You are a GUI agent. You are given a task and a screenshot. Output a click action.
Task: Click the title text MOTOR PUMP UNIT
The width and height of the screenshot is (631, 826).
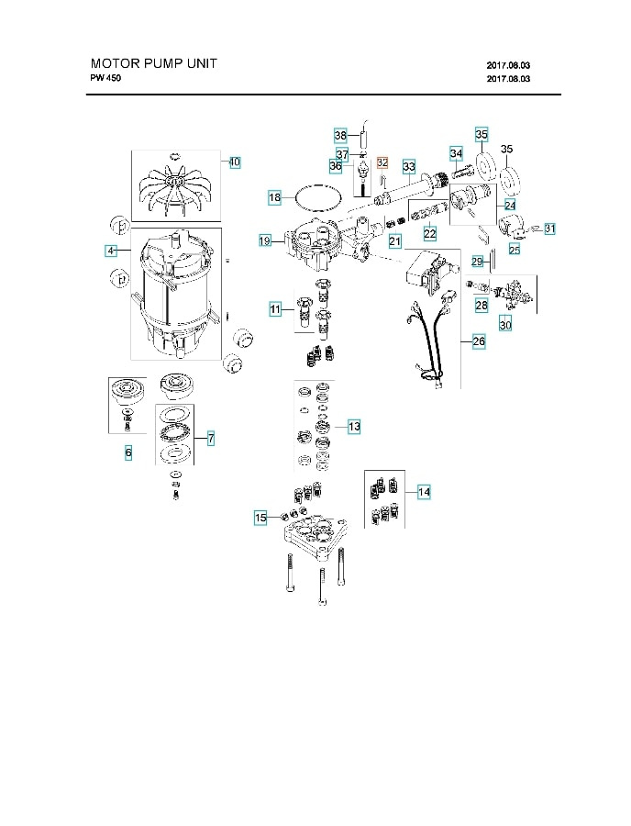153,64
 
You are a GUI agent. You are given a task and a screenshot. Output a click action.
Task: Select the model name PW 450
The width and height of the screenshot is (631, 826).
105,78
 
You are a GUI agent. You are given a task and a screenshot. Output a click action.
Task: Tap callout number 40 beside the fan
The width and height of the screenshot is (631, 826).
234,162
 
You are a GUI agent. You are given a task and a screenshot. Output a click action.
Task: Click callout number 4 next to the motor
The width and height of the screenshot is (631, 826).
111,250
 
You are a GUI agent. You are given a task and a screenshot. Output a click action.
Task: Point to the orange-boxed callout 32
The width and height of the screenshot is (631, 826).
382,162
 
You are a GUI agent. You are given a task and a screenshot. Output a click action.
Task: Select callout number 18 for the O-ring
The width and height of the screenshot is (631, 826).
274,197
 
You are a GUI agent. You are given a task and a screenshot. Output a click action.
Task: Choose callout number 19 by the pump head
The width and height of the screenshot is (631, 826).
265,240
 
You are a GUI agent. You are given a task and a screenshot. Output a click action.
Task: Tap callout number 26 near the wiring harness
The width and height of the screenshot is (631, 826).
479,341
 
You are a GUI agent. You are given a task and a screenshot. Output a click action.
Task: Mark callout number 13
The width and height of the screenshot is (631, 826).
354,426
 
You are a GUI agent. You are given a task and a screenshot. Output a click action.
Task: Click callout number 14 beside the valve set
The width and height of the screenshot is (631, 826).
423,492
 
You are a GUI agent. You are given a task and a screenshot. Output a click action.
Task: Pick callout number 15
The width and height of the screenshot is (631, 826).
260,519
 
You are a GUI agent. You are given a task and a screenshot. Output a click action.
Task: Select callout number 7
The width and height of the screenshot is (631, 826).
210,440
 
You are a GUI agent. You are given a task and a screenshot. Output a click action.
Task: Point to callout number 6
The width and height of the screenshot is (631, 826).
128,452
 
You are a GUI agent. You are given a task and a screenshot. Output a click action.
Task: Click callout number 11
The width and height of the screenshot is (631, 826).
275,309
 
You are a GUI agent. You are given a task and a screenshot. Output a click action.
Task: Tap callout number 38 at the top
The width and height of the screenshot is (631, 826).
340,134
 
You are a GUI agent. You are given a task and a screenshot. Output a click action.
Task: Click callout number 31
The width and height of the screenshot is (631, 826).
549,228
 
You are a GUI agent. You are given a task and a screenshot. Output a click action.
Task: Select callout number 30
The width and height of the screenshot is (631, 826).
505,324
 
